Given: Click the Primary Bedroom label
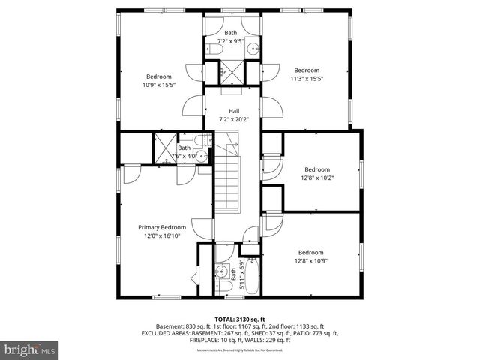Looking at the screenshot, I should tap(161, 226).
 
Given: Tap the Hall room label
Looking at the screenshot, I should tap(234, 111).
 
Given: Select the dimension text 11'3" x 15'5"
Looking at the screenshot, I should tap(306, 78).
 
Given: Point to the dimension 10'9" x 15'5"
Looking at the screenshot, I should tap(158, 85).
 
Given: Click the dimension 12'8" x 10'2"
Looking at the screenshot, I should tap(317, 178).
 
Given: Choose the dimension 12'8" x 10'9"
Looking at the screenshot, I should tap(310, 261).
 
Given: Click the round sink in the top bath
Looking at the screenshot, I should tap(253, 50).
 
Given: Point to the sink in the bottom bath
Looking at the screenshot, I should tap(223, 271).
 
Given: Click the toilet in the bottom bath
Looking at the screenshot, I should tap(223, 287).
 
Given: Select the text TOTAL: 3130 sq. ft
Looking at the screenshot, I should tap(239, 319).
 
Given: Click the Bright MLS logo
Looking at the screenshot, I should tap(30, 349).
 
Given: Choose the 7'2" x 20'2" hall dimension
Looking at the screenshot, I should tap(234, 119).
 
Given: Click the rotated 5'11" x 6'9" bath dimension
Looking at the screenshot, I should tap(241, 274).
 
